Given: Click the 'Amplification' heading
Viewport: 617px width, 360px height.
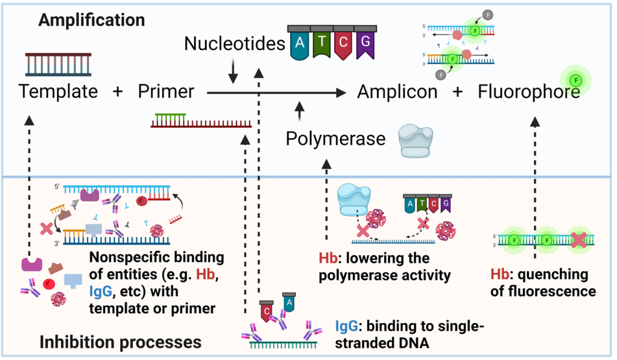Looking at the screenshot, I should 92,20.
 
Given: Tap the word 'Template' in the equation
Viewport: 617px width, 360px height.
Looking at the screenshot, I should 58,92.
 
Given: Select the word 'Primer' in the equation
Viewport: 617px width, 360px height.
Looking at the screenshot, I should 166,92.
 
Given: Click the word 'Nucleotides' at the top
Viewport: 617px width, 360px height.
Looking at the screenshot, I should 234,43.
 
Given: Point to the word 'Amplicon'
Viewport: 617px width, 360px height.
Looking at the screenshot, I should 397,92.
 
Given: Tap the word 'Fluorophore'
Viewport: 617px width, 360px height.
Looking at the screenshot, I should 529,92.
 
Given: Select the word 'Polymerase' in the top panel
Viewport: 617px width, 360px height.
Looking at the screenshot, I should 335,139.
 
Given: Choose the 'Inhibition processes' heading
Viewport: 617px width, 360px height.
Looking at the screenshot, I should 120,342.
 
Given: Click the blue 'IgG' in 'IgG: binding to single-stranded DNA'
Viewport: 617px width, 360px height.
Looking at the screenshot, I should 348,326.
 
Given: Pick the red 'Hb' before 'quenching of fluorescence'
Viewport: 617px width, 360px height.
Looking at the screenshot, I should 499,274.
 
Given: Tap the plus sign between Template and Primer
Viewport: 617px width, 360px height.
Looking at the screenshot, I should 118,92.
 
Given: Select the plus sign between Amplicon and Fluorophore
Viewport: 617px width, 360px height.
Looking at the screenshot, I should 458,92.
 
